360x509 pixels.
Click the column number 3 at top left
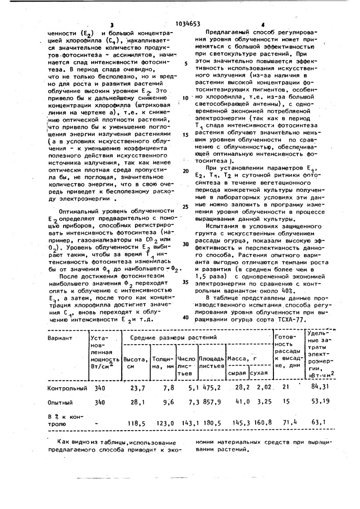pyautogui.click(x=111, y=24)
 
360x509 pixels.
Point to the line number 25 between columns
pyautogui.click(x=185, y=207)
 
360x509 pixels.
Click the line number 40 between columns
pyautogui.click(x=185, y=318)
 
